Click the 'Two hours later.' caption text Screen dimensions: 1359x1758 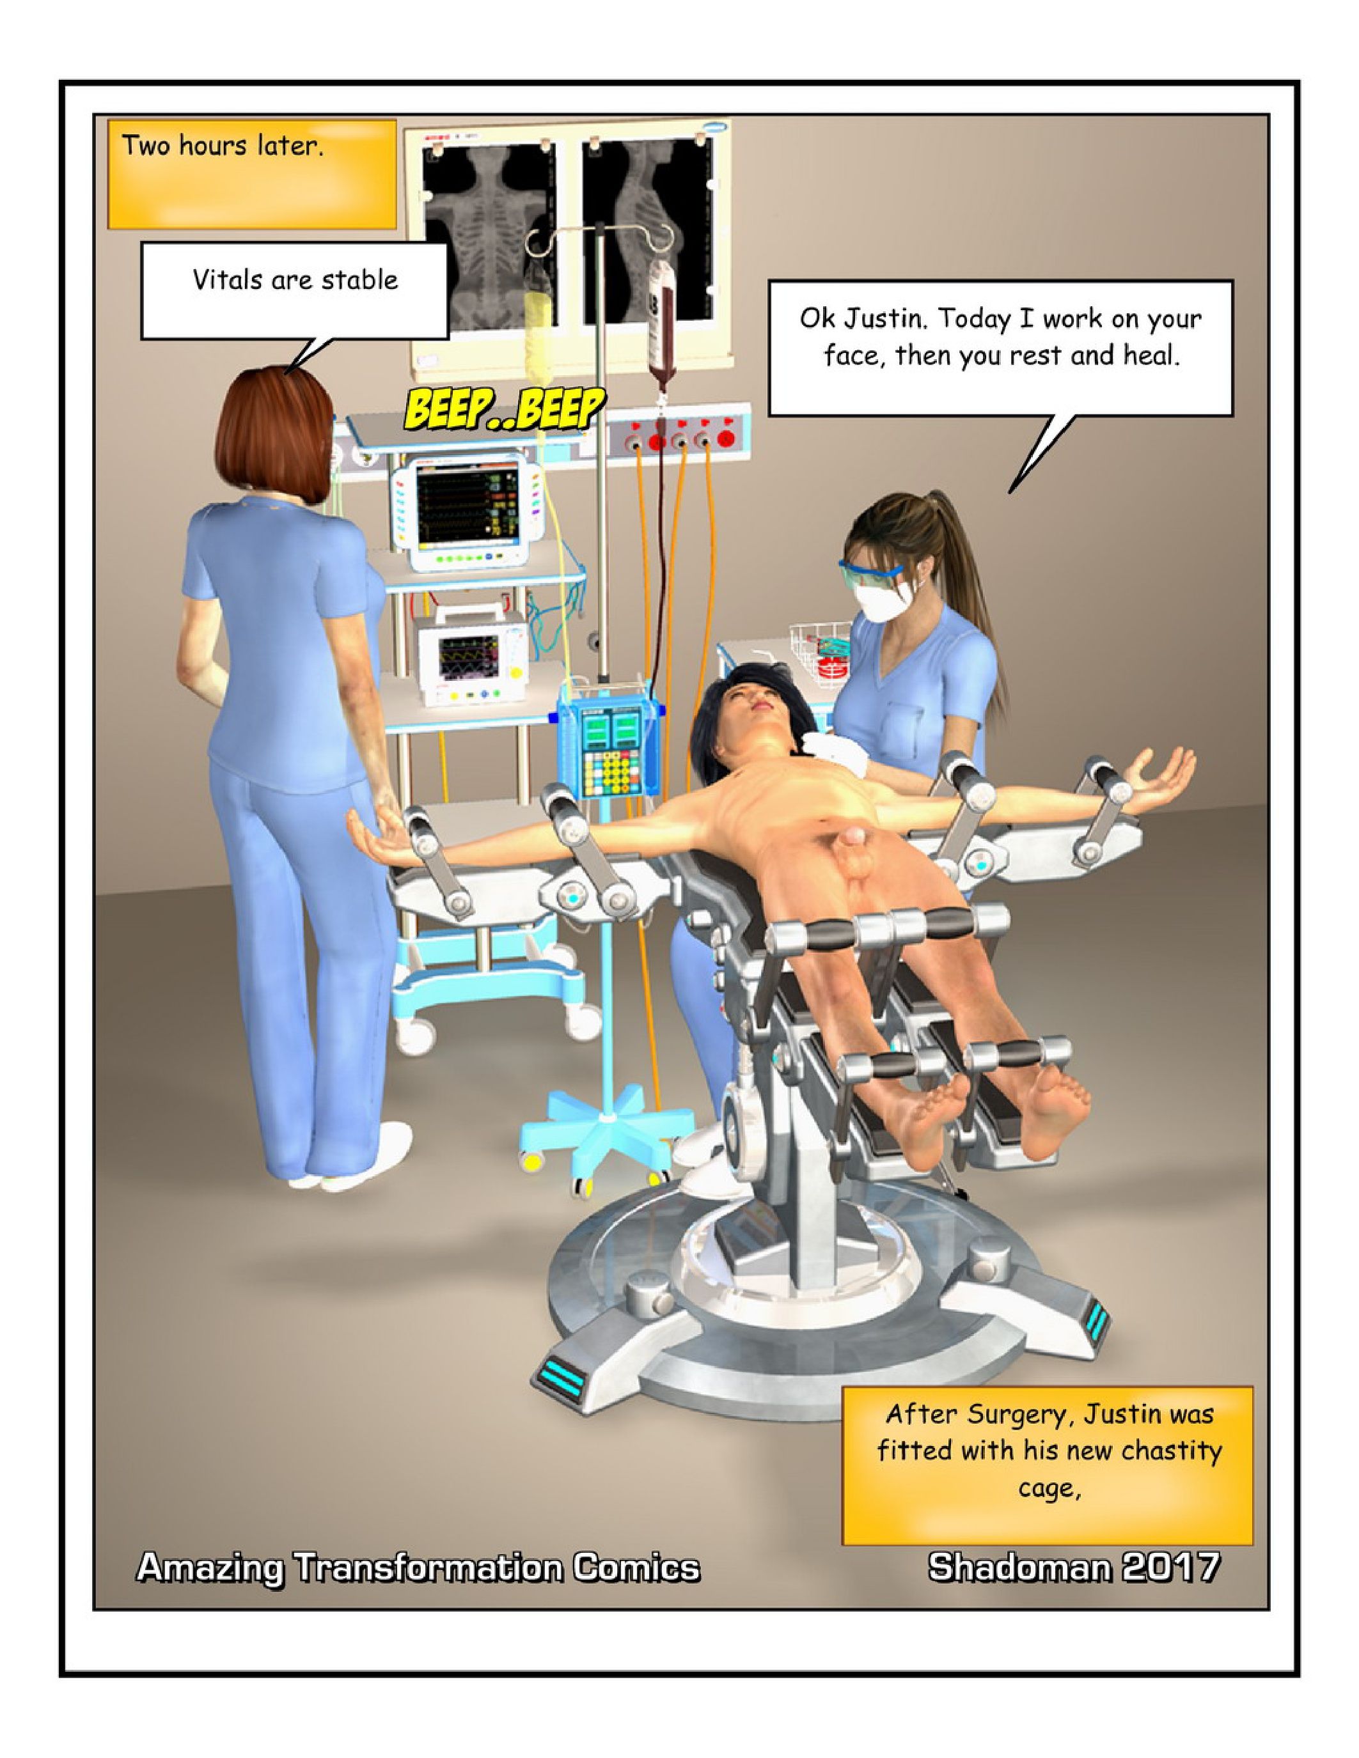[x=222, y=146]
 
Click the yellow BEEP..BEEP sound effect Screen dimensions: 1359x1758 [x=504, y=410]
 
